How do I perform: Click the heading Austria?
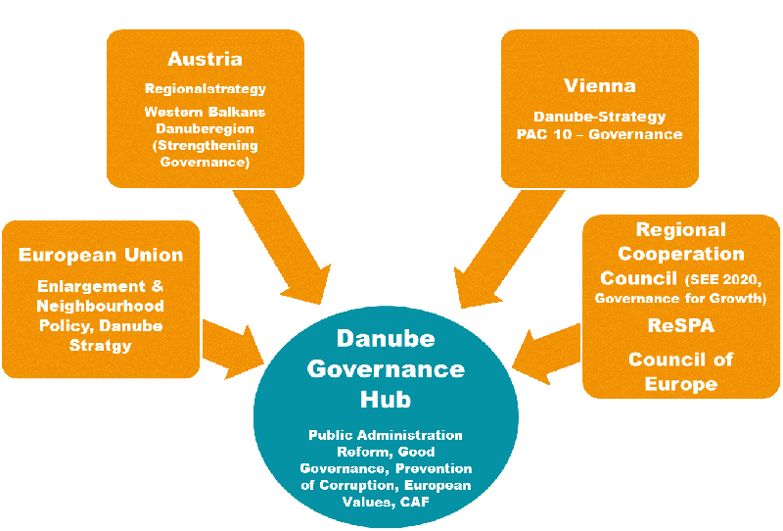[205, 59]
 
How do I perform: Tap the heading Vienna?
[600, 85]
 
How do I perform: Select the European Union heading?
[101, 255]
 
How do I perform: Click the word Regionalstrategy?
[205, 89]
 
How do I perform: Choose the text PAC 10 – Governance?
[600, 133]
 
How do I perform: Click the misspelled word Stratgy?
[101, 345]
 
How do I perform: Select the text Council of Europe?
[680, 370]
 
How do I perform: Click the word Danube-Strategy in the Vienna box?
[600, 117]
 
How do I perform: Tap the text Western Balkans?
[205, 112]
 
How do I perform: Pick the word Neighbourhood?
[101, 306]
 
